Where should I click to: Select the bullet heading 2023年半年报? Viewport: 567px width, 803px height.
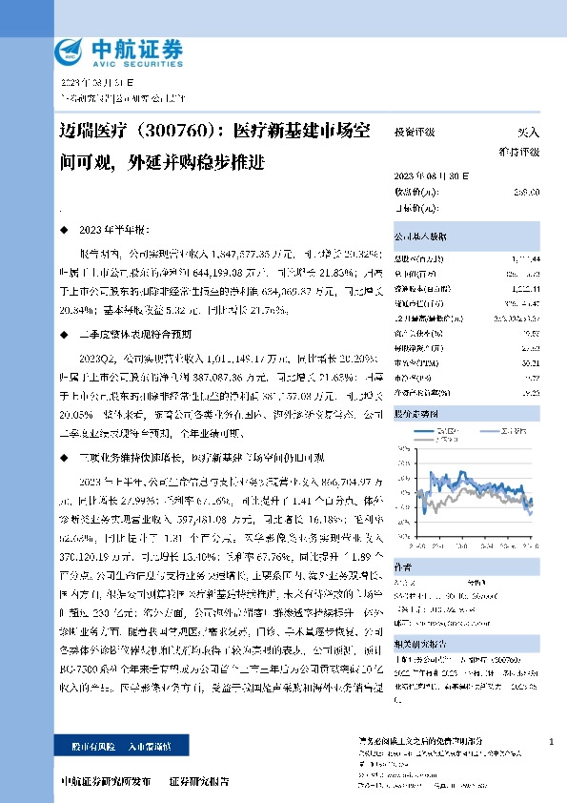(113, 231)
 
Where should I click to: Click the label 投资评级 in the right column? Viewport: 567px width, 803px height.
(415, 133)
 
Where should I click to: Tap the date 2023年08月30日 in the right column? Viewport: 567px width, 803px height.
(428, 176)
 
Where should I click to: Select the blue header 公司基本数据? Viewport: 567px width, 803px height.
(418, 235)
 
